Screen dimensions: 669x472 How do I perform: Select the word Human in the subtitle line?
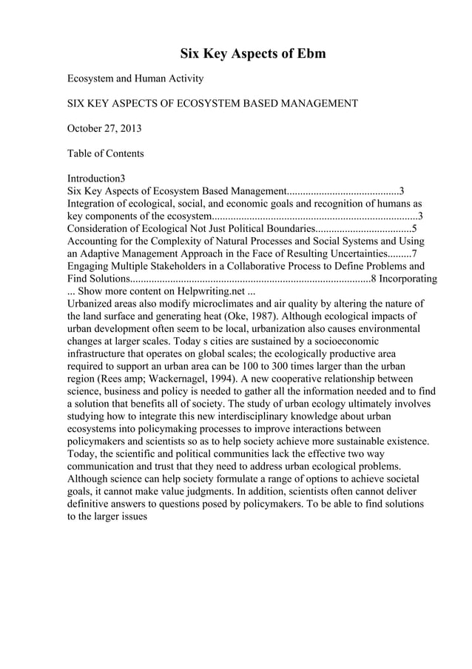153,78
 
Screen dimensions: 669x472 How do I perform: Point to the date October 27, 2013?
104,129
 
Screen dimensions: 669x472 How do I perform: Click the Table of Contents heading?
106,153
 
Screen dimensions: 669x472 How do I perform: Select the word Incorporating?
408,279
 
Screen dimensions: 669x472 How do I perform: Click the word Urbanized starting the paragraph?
91,304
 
